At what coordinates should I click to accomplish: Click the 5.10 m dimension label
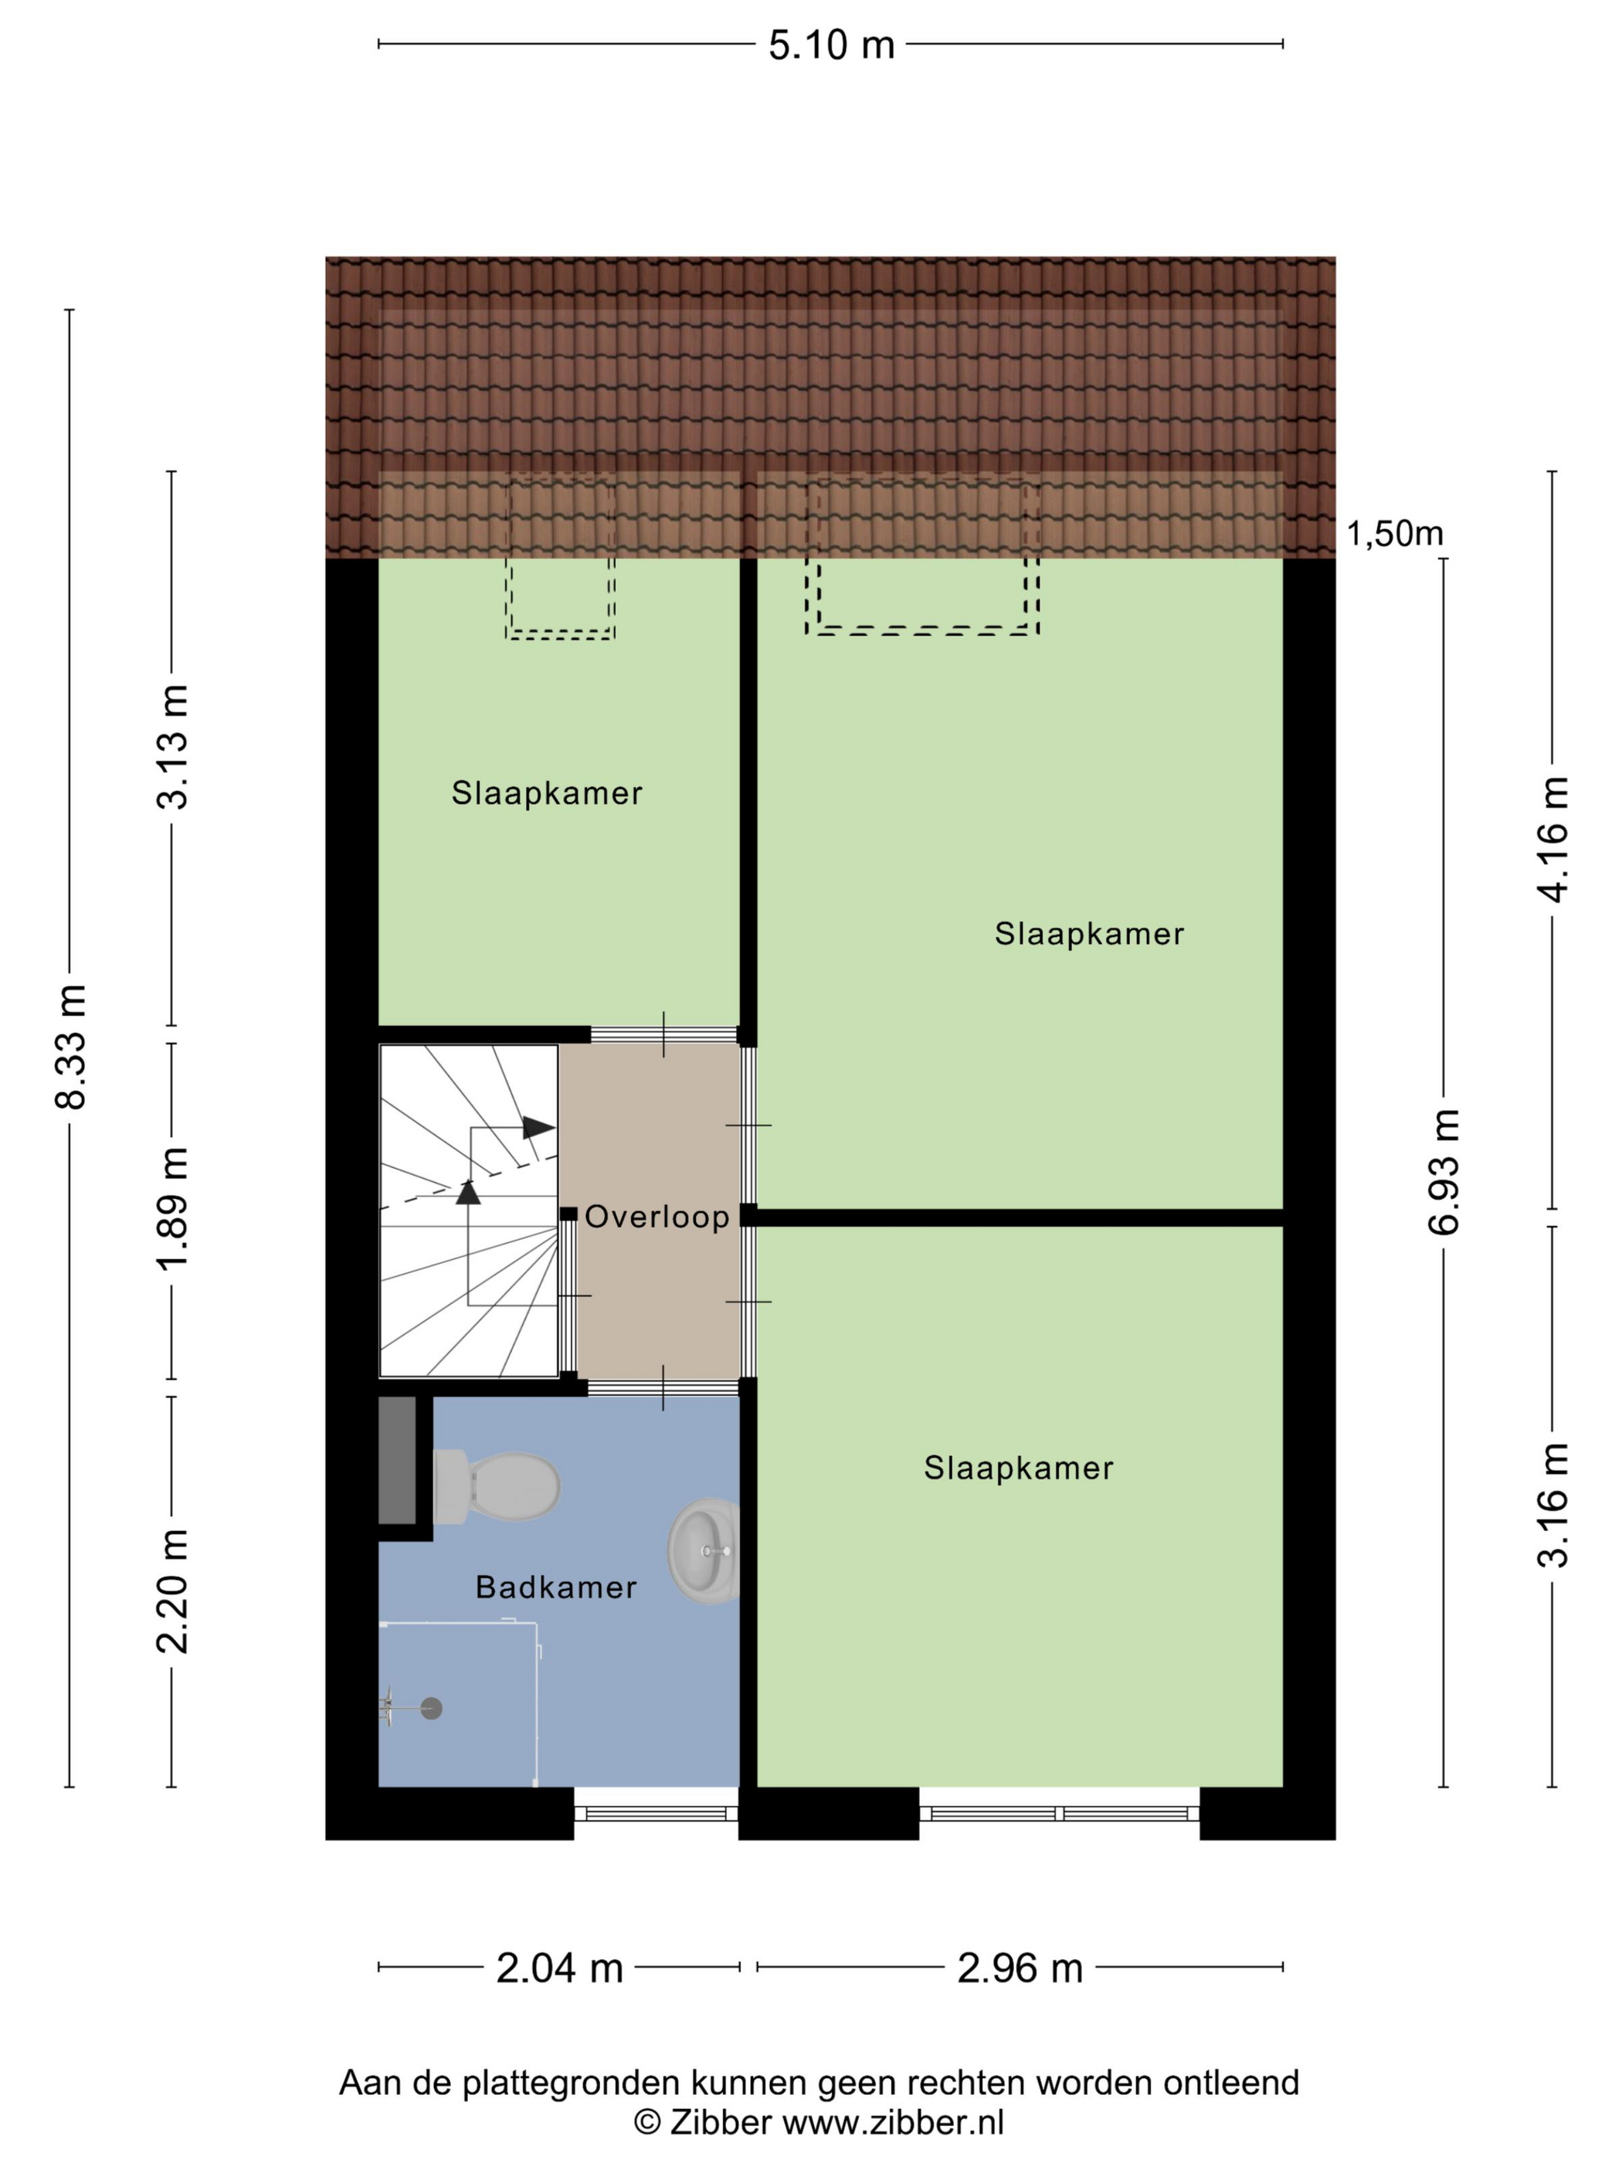[x=831, y=45]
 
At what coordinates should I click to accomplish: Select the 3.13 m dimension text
[x=173, y=747]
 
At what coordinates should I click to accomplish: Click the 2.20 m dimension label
[x=173, y=1590]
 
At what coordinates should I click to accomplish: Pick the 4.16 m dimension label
[x=1552, y=839]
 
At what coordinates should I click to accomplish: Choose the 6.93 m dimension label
[x=1444, y=1171]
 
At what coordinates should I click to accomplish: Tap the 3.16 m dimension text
[x=1552, y=1505]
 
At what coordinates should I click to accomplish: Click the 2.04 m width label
[x=559, y=1968]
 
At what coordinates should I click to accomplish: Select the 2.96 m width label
[x=1020, y=1968]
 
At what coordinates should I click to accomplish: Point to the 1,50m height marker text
[x=1394, y=534]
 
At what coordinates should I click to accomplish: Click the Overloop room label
[x=657, y=1217]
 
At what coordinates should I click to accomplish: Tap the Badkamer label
[x=555, y=1587]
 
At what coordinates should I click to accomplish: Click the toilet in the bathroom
[x=497, y=1486]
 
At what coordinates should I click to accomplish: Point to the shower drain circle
[x=431, y=1708]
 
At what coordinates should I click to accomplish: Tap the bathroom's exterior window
[x=656, y=1814]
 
